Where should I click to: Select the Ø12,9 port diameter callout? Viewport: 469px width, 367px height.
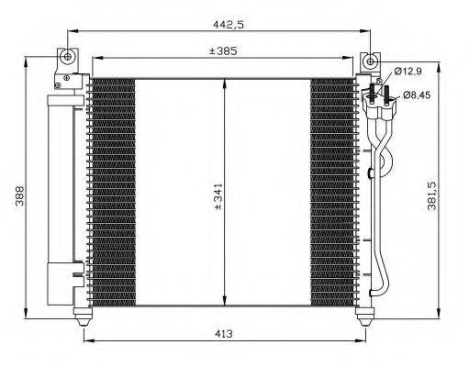[x=408, y=72]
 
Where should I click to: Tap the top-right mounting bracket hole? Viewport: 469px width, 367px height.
[x=370, y=61]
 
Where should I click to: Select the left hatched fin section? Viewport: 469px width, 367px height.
[x=114, y=193]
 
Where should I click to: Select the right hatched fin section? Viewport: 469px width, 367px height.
[x=331, y=193]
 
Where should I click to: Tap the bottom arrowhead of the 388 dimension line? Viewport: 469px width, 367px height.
[x=28, y=312]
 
